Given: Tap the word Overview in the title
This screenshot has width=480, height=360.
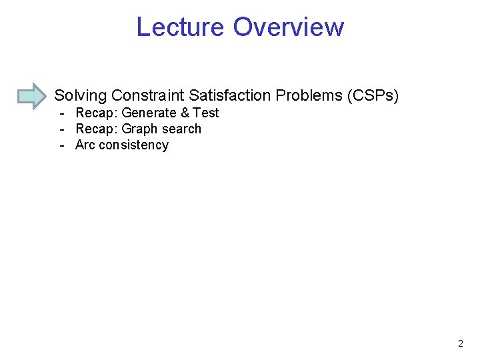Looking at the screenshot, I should [x=289, y=27].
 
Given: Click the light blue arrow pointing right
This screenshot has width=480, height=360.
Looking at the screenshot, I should [x=31, y=95].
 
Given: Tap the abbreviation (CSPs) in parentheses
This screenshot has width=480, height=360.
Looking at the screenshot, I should [x=372, y=96].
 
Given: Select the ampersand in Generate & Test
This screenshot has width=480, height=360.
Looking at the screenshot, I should [x=185, y=113].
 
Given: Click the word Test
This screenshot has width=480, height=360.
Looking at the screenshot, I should [x=206, y=113].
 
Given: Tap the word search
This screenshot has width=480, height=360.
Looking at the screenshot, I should [x=181, y=129].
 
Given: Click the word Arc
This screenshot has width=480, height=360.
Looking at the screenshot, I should [x=85, y=145].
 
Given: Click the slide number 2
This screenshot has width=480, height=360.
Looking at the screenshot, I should [x=461, y=344].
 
